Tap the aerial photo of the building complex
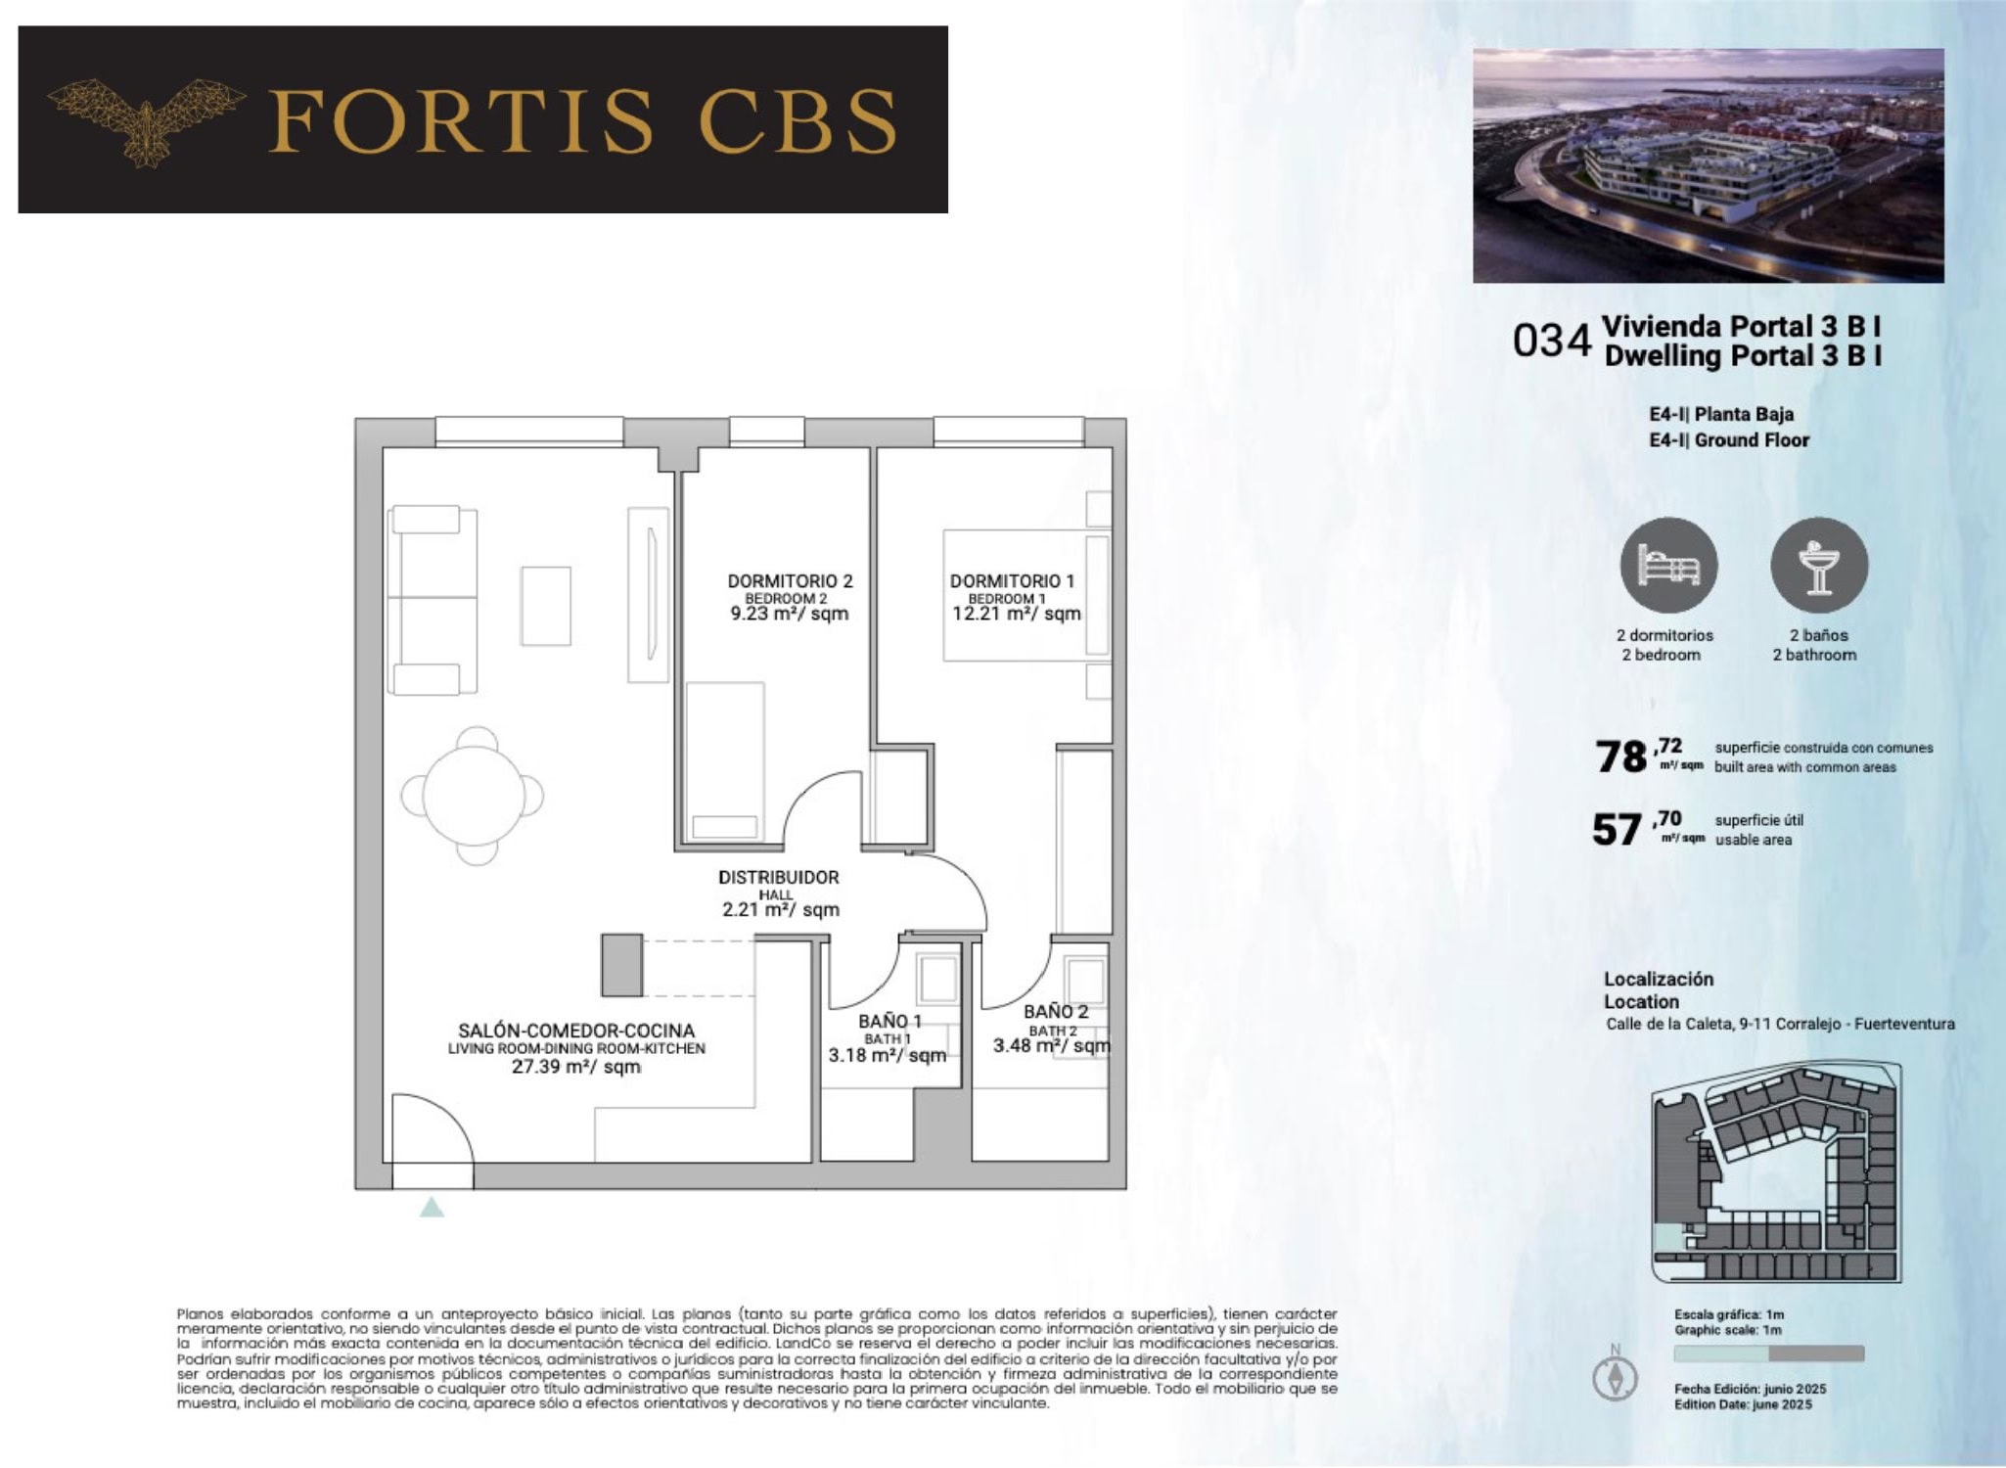click(1709, 165)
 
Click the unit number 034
click(1552, 341)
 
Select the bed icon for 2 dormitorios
click(1668, 566)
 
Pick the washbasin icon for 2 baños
click(1819, 566)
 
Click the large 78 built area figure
click(1621, 757)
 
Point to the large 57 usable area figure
click(1617, 830)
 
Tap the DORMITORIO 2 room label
click(790, 580)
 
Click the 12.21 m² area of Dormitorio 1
click(1017, 614)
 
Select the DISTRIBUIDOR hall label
click(778, 877)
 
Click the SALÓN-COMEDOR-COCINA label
click(576, 1031)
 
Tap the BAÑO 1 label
click(889, 1021)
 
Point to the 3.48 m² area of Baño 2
click(1052, 1045)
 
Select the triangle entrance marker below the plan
click(432, 1208)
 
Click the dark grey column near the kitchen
click(621, 965)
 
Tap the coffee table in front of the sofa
click(545, 606)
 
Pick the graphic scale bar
click(1768, 1353)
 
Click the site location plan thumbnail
click(1776, 1171)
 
